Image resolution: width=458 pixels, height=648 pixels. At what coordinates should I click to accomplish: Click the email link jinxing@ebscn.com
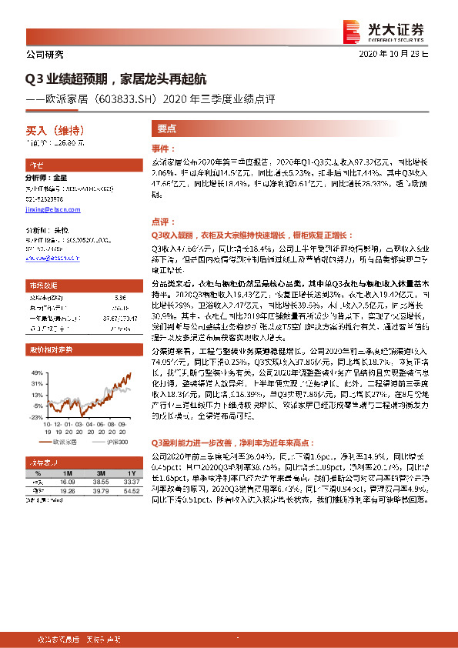coord(48,208)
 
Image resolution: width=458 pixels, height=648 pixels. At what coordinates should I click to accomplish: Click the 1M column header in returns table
coord(68,472)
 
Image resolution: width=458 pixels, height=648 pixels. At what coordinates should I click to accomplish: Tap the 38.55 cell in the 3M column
coord(99,481)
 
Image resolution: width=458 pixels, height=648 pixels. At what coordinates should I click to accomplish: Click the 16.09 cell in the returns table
coord(68,481)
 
